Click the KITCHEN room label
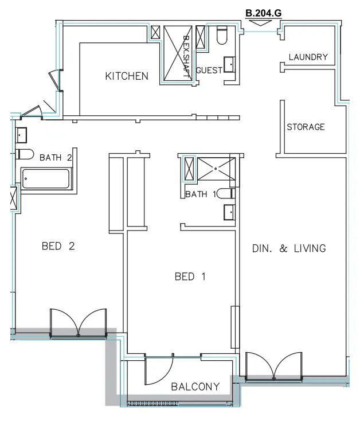coord(127,76)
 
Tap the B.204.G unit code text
coord(263,11)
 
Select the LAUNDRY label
coord(308,57)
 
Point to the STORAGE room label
coord(306,127)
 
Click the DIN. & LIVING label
coord(289,248)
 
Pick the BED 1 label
coord(190,276)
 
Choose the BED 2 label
coord(58,246)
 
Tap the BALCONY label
coord(195,387)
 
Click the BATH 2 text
coord(56,157)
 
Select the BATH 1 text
coord(201,194)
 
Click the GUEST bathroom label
coord(209,70)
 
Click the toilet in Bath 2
coord(22,154)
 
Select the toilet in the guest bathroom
coord(222,36)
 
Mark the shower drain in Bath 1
coord(215,169)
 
